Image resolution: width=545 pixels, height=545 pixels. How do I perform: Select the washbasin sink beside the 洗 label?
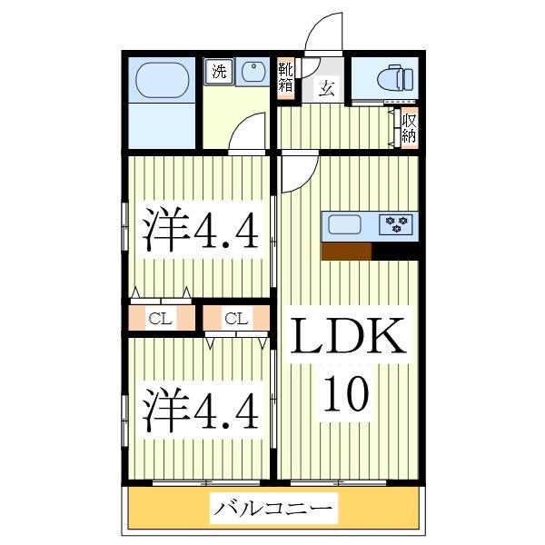[x=250, y=73]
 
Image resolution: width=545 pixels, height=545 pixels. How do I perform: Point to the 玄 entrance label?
[x=324, y=88]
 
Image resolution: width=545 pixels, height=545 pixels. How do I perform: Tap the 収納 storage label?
[x=410, y=127]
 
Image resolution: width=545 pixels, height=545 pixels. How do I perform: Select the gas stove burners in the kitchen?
[x=397, y=224]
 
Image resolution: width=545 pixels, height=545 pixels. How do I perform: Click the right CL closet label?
[x=236, y=318]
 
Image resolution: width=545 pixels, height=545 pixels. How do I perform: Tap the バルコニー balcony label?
[x=272, y=509]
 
